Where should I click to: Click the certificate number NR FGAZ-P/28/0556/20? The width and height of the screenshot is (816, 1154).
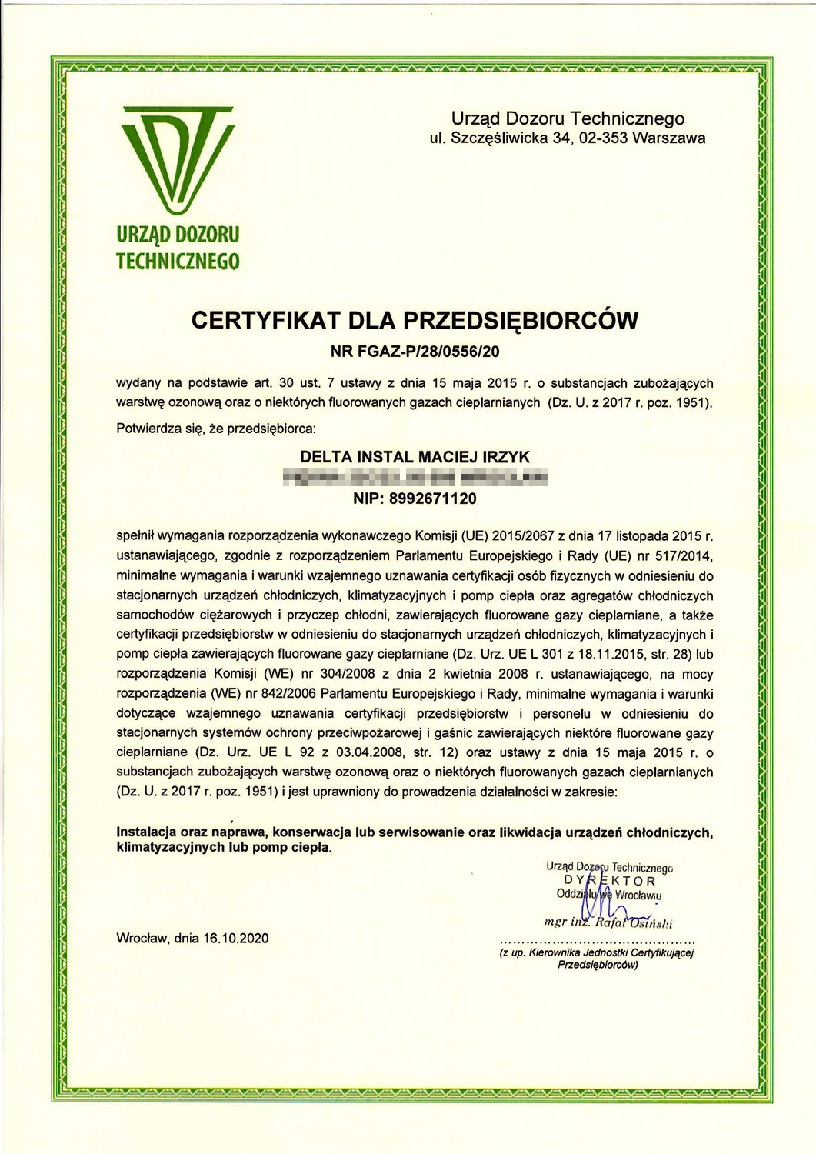click(415, 352)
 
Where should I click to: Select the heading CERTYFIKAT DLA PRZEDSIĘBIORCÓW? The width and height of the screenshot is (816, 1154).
click(415, 320)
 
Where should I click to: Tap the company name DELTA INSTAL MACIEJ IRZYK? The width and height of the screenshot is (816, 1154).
click(415, 457)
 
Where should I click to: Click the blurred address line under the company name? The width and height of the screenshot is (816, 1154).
click(415, 478)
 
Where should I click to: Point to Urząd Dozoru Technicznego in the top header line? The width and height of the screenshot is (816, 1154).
click(568, 118)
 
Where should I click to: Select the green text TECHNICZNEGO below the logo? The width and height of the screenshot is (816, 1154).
click(178, 262)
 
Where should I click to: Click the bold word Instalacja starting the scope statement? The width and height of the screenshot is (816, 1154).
click(146, 832)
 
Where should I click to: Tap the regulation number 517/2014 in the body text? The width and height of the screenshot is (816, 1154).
click(689, 555)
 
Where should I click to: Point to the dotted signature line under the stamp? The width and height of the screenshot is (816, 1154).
click(598, 942)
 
